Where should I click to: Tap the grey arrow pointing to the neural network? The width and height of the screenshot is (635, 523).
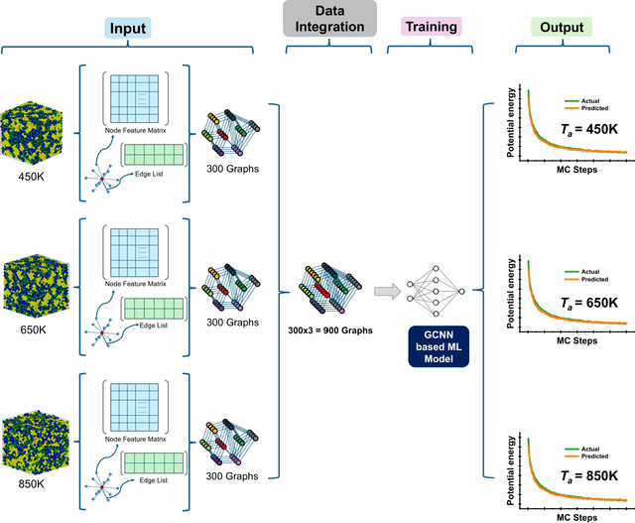tap(387, 291)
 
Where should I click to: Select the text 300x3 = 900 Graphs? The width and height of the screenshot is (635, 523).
tap(325, 329)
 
